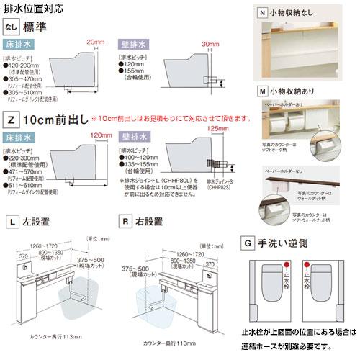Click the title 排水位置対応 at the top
(33, 10)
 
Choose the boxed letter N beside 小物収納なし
(263, 12)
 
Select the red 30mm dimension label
(210, 44)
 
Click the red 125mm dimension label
(216, 128)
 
